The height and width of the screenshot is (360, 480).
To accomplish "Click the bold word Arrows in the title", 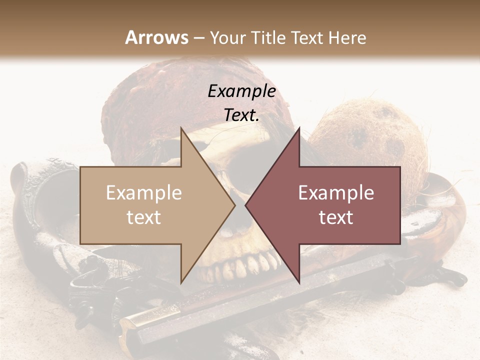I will (x=156, y=37).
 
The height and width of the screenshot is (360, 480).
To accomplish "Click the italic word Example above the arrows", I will (x=241, y=91).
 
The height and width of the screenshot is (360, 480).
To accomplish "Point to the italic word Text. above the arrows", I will (x=241, y=115).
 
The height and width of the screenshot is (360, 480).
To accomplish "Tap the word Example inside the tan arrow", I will (x=143, y=193).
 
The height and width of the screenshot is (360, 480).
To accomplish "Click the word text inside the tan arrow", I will (x=143, y=217).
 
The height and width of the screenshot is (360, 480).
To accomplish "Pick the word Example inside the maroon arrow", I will (x=336, y=193).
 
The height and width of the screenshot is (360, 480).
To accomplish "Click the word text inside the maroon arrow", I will (x=336, y=217).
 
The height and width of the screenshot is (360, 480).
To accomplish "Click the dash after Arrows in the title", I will (x=198, y=38).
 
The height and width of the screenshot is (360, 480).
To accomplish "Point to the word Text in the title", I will (x=306, y=37).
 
